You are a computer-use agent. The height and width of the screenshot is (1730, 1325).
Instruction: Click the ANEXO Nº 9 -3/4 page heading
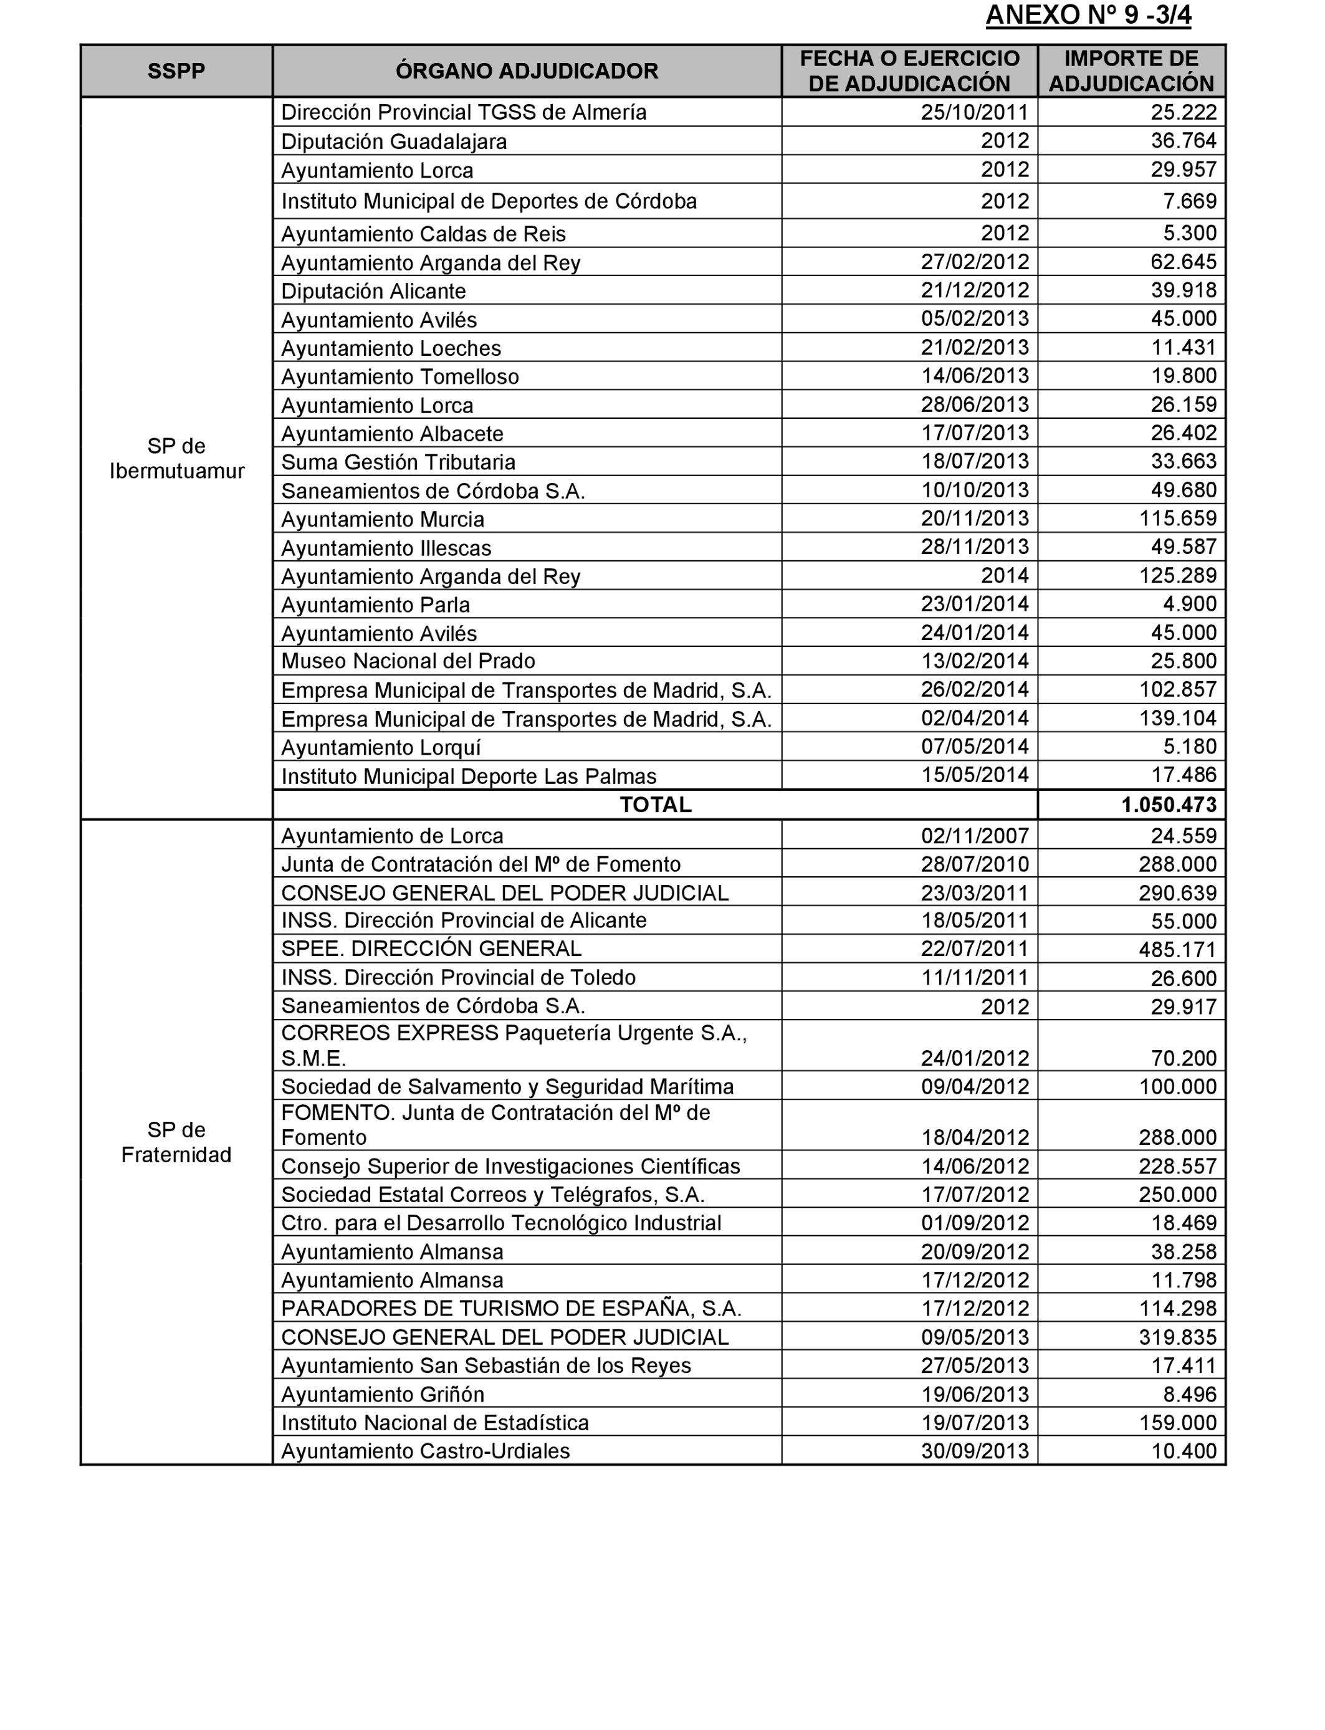[x=1088, y=16]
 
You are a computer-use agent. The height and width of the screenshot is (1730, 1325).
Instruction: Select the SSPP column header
[x=176, y=71]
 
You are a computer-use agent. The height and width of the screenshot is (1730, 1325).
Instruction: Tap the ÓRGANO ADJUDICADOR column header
[x=526, y=71]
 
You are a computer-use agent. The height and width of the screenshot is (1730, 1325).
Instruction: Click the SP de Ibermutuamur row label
[x=176, y=458]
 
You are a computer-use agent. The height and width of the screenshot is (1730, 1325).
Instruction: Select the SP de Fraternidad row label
[x=176, y=1142]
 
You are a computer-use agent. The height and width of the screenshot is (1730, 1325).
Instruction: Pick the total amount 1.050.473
[x=1169, y=805]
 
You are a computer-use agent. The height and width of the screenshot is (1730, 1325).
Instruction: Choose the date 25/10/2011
[x=975, y=112]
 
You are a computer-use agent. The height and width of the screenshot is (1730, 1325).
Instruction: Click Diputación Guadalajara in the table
[x=393, y=142]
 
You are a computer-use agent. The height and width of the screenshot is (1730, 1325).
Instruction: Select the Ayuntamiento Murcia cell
[x=383, y=519]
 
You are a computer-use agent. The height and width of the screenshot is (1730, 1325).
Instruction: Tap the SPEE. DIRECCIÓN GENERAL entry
[x=431, y=949]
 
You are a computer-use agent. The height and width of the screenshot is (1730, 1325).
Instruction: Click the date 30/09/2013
[x=975, y=1451]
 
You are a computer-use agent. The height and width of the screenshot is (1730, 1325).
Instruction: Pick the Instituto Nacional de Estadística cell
[x=434, y=1423]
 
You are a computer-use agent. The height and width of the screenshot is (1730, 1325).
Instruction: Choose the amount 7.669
[x=1189, y=201]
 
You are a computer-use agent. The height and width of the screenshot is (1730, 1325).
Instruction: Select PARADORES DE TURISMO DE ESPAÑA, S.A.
[x=511, y=1309]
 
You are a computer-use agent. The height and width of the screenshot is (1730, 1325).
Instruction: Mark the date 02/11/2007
[x=975, y=836]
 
